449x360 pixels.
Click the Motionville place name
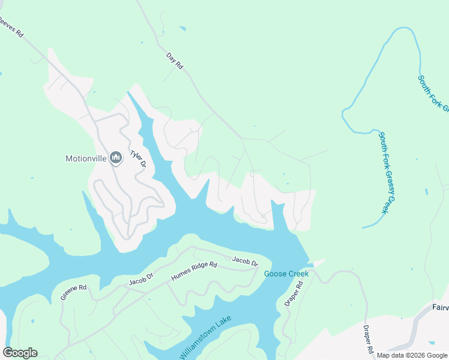(x=86, y=159)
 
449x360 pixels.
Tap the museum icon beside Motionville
(x=115, y=158)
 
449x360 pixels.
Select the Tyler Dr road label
(x=140, y=158)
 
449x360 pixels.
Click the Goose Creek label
(x=286, y=274)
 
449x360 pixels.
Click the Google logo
(x=20, y=353)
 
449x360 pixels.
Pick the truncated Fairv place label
(x=440, y=307)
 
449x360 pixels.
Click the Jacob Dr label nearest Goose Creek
(x=245, y=262)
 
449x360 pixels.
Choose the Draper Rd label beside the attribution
(x=368, y=339)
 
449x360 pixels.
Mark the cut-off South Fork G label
(x=433, y=93)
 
